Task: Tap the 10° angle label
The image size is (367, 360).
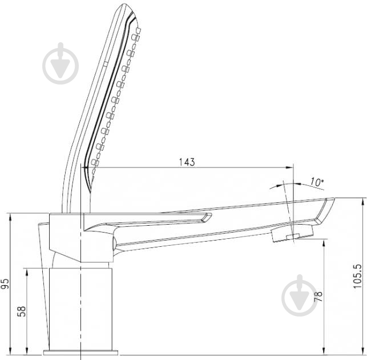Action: click(x=317, y=182)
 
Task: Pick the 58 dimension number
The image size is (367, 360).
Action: click(x=22, y=311)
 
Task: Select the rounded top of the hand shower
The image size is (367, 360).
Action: click(x=128, y=9)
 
